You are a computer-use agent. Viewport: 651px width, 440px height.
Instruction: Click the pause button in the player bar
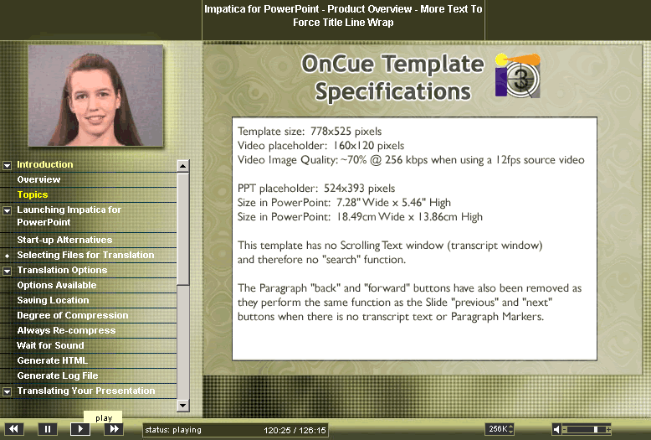tap(48, 429)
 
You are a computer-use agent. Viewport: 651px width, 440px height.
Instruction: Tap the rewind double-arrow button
tap(13, 429)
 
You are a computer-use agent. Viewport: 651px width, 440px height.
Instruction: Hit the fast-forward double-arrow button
tap(114, 429)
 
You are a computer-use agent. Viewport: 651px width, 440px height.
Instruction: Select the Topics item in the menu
tap(33, 194)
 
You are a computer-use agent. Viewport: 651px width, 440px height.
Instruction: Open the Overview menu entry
tap(38, 179)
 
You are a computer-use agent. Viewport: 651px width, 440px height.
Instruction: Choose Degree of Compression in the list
tap(73, 315)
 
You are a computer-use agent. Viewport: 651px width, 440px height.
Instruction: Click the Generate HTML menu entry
tap(53, 360)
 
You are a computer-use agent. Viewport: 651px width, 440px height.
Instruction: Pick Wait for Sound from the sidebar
tap(50, 345)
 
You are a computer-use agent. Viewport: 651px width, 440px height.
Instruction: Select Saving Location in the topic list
tap(53, 300)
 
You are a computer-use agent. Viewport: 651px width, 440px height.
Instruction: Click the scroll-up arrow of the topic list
tap(183, 166)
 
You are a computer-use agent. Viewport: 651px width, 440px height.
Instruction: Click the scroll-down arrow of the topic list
tap(183, 405)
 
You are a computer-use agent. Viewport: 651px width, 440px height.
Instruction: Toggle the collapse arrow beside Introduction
tap(7, 165)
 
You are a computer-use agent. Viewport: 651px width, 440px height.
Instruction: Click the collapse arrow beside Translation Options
tap(7, 272)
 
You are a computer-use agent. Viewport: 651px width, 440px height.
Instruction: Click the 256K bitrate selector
tap(500, 429)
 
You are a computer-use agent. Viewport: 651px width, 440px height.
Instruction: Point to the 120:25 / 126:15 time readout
tap(295, 431)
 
